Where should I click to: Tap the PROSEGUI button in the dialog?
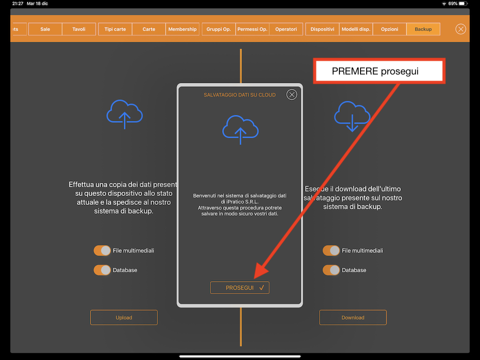pos(240,288)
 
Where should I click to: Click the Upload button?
pos(124,317)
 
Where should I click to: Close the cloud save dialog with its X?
pos(292,95)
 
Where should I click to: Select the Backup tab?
pos(423,29)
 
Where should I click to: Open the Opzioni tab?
pos(390,29)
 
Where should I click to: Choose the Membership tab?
pos(182,29)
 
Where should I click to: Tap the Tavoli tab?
pos(79,29)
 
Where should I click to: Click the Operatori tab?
pos(286,29)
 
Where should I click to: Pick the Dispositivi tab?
pos(322,29)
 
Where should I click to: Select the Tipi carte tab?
pos(115,29)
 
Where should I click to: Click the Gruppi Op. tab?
pos(218,29)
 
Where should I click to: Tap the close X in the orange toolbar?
pos(461,29)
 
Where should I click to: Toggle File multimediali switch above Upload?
pos(102,250)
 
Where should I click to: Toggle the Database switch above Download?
pos(331,270)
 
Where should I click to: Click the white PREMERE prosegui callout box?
pos(379,71)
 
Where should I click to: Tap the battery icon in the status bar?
pos(463,4)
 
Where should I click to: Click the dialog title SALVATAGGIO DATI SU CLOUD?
pos(240,95)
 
